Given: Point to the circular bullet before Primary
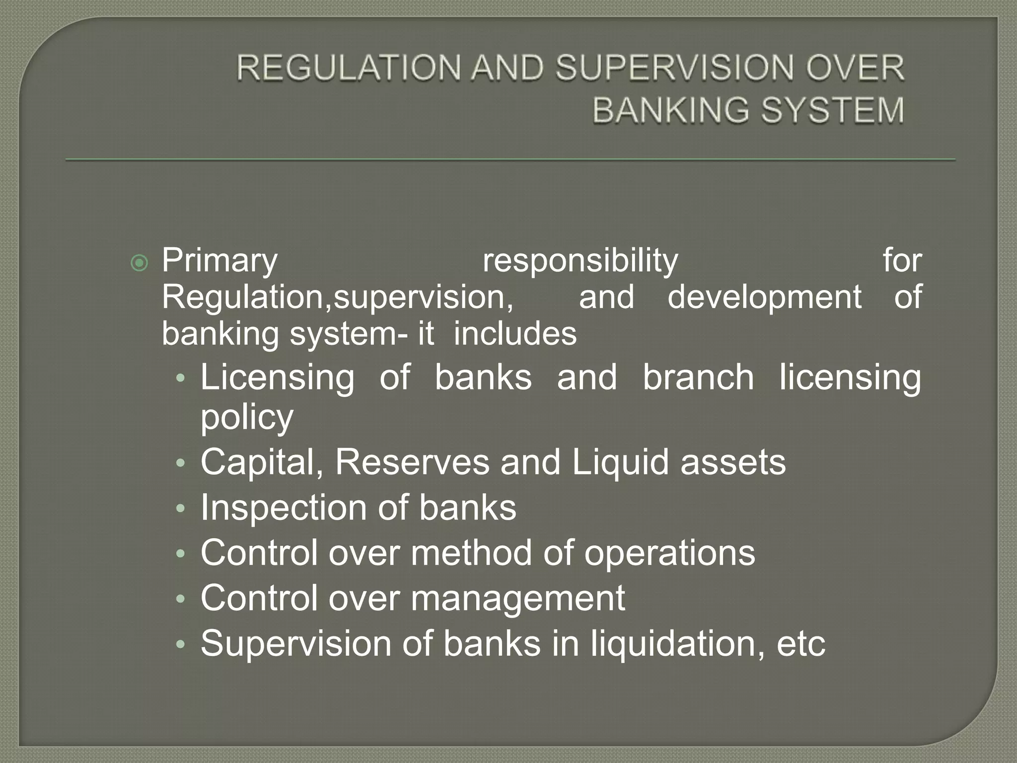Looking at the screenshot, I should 140,263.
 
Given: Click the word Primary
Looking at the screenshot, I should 219,261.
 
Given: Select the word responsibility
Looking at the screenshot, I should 580,261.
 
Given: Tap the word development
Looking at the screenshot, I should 764,297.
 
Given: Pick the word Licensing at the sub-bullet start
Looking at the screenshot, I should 278,378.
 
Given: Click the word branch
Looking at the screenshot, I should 698,378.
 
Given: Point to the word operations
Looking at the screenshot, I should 669,553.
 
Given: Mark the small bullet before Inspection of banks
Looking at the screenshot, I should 181,509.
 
